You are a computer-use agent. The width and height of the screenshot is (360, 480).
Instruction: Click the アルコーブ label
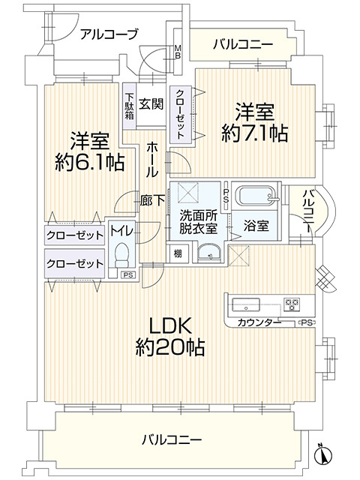click(x=109, y=34)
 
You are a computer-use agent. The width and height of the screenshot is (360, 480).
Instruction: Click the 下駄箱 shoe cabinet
click(x=130, y=107)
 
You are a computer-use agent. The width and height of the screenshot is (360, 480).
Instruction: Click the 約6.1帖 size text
click(x=88, y=163)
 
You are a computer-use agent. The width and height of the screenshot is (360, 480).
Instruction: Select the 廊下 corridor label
click(x=151, y=201)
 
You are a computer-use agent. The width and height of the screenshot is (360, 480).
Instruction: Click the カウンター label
click(x=259, y=322)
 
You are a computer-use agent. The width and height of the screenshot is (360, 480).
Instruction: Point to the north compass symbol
click(x=324, y=454)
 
